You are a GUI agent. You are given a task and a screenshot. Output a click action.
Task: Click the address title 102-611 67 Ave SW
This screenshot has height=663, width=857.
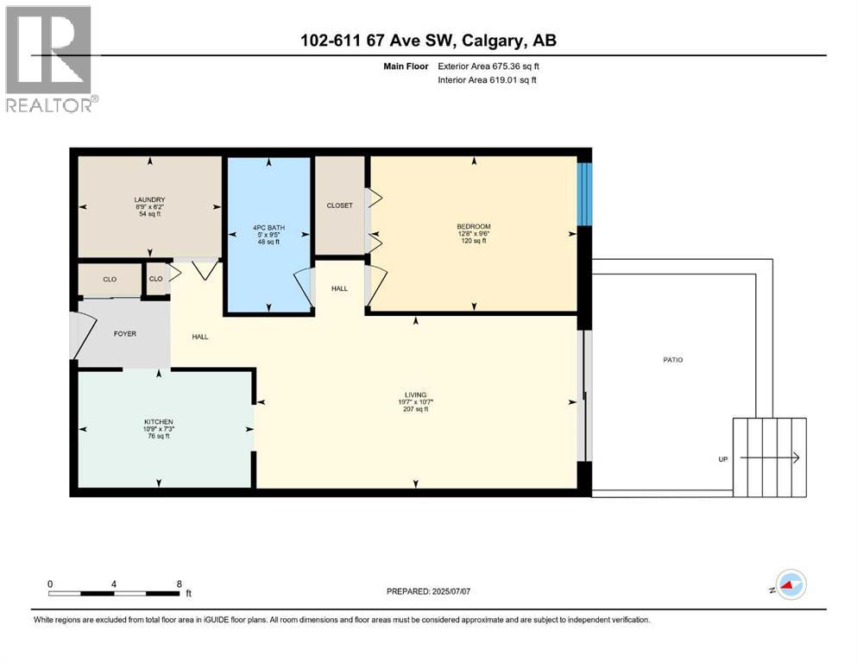(428, 41)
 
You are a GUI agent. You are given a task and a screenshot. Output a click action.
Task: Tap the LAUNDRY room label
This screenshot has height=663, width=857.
(149, 200)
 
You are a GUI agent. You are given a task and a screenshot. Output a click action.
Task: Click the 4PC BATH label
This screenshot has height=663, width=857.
(268, 228)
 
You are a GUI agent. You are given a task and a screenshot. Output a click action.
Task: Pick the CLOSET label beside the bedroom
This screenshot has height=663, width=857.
(339, 205)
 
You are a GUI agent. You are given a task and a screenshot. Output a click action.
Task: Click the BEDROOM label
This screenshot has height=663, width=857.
(473, 227)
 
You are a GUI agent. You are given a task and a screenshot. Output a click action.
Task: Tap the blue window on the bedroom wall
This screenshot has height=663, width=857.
(584, 194)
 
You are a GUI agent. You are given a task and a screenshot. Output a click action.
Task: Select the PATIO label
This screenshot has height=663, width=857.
(672, 360)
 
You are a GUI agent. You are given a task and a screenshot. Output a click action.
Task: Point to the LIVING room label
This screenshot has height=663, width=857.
(415, 395)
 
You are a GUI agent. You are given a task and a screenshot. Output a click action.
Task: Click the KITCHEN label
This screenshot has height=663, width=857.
(158, 422)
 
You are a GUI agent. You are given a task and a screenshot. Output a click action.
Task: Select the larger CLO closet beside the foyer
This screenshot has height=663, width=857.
(110, 280)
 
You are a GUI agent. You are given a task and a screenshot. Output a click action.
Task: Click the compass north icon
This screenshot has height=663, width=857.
(790, 585)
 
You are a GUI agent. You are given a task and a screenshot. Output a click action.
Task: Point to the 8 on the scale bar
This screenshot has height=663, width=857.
(179, 584)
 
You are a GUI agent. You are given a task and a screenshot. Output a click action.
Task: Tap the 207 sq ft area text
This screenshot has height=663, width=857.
(415, 409)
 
